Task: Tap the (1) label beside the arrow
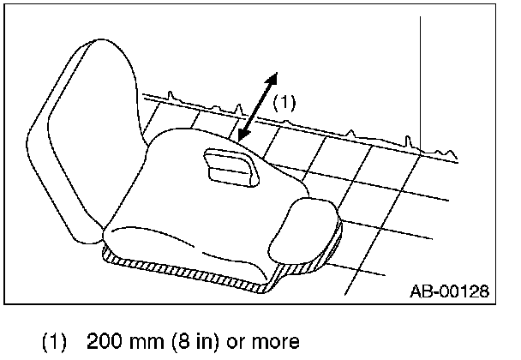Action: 284,102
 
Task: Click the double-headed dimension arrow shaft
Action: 258,107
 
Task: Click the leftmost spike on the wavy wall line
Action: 175,93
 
